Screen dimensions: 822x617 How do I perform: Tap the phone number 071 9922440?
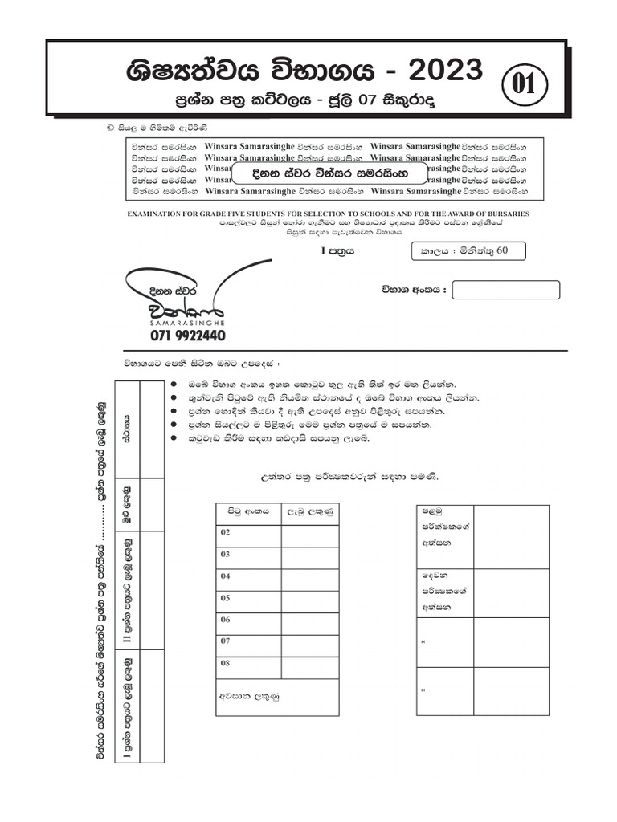click(x=188, y=335)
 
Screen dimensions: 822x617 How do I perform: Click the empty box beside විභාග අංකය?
click(x=506, y=290)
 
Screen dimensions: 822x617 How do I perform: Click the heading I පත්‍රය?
click(x=337, y=250)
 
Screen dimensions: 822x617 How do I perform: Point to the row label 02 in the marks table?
click(x=226, y=533)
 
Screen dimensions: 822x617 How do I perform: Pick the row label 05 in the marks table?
click(x=226, y=598)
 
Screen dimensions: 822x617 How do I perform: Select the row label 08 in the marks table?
click(x=226, y=663)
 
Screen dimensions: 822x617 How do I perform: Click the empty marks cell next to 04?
click(x=309, y=576)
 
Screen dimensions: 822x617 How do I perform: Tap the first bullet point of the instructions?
click(x=174, y=384)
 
